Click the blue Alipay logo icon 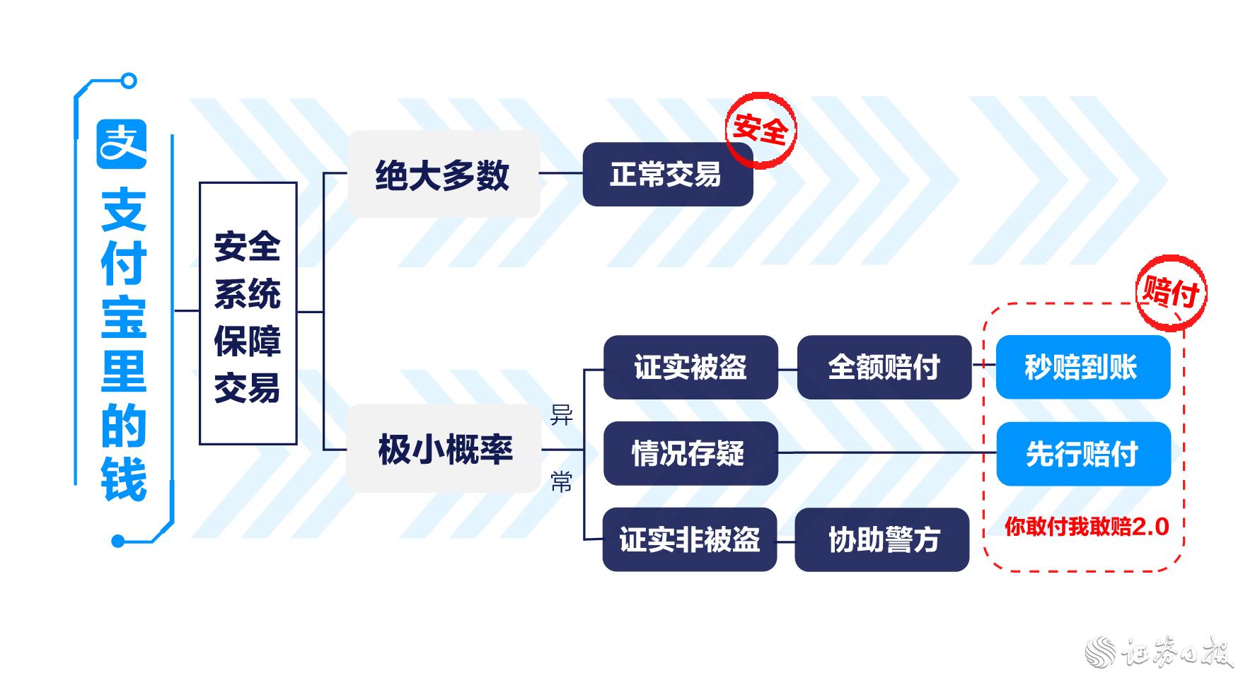(x=122, y=144)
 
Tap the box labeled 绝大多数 (x=443, y=175)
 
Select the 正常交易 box (x=667, y=175)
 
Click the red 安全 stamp (x=761, y=129)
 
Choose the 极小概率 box (x=444, y=449)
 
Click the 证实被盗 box (x=690, y=367)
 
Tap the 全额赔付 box (x=884, y=367)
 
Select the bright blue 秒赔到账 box (x=1082, y=367)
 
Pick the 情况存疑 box (x=690, y=453)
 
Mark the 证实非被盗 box (x=690, y=539)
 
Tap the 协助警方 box (x=882, y=539)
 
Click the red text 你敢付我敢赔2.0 (x=1087, y=527)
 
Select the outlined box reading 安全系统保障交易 (x=248, y=313)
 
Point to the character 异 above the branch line (x=562, y=415)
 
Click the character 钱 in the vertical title (x=124, y=479)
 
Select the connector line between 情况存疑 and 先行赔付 (x=887, y=452)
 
